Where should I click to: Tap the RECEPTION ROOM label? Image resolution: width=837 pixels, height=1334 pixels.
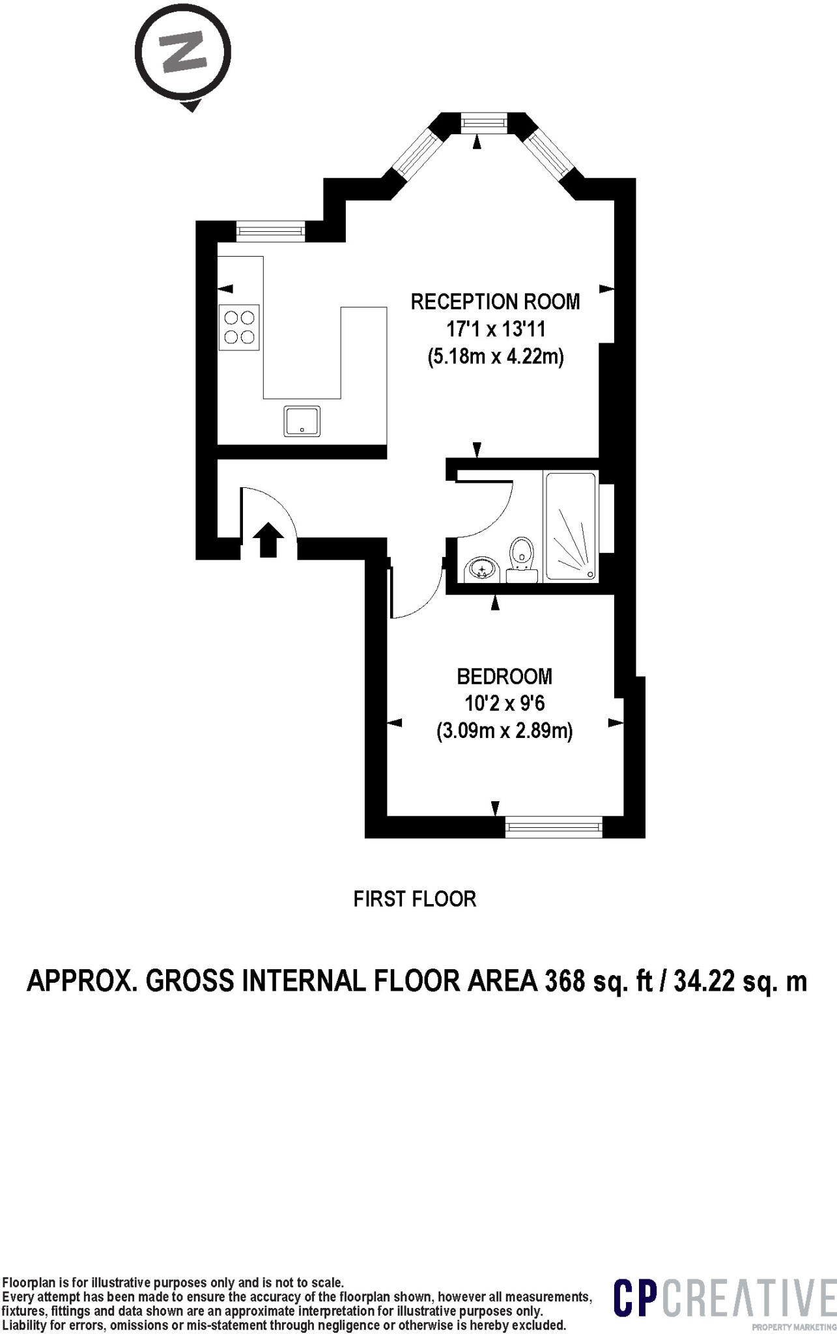495,302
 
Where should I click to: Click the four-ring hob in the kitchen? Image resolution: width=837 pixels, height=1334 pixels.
239,327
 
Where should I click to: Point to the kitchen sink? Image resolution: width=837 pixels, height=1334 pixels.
302,421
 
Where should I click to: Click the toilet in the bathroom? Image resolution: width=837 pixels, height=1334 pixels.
521,559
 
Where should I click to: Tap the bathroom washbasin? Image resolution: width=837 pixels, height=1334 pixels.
481,570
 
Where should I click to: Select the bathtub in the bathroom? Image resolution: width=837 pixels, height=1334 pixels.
571,526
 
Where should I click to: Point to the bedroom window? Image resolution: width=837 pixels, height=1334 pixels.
554,827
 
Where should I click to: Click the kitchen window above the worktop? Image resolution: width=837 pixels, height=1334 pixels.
270,230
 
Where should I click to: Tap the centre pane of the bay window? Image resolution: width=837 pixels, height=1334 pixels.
483,122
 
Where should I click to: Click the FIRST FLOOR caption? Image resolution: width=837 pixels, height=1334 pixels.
415,899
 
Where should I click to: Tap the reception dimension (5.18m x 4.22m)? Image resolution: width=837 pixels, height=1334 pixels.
495,356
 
